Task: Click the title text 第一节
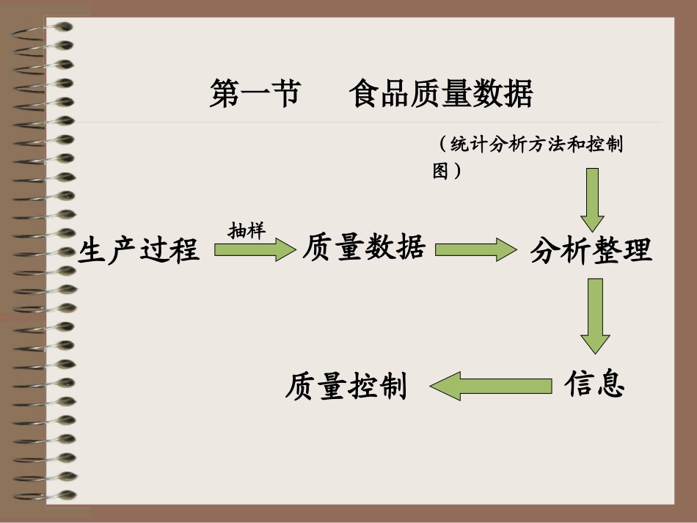[255, 95]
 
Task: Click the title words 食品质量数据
[441, 95]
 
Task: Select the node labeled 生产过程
[139, 249]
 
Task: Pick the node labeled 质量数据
[364, 248]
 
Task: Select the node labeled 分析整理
[591, 251]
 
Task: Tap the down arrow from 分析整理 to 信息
[594, 315]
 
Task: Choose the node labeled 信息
[594, 384]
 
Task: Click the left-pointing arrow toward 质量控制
[490, 385]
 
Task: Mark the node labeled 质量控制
[346, 386]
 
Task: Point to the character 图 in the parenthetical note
[440, 171]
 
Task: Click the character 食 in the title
[365, 95]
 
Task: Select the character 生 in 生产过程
[92, 249]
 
